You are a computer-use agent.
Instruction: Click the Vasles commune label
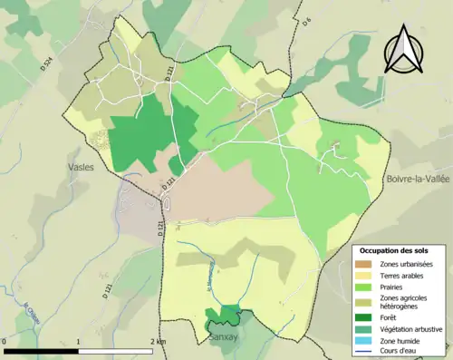pos(82,168)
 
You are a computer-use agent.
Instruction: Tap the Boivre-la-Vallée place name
pos(419,179)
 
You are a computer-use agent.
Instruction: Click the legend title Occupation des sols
pos(394,249)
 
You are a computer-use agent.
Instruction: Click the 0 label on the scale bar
pos(5,342)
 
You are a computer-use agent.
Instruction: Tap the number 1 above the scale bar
pos(79,342)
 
